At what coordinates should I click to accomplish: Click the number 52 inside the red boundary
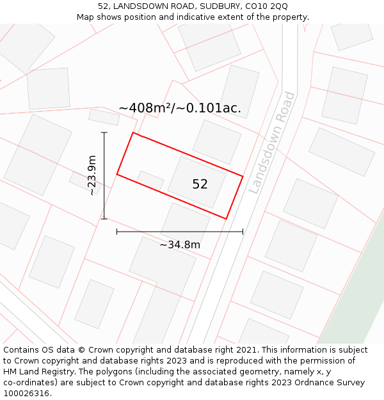[x=200, y=184]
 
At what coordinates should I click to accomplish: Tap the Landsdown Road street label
[x=271, y=143]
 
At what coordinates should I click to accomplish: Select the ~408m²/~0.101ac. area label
[x=180, y=108]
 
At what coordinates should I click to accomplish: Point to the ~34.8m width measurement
[x=180, y=244]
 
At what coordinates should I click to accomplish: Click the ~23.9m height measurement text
[x=92, y=175]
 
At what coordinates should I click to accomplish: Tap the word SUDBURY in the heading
[x=215, y=6]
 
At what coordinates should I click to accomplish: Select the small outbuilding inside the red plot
[x=150, y=180]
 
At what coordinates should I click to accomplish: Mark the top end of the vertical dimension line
[x=104, y=132]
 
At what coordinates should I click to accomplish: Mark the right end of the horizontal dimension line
[x=243, y=232]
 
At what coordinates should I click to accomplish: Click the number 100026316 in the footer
[x=26, y=394]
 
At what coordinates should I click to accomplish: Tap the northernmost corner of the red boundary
[x=132, y=132]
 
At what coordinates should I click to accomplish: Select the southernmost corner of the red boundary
[x=227, y=219]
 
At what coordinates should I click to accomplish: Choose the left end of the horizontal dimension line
[x=116, y=232]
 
